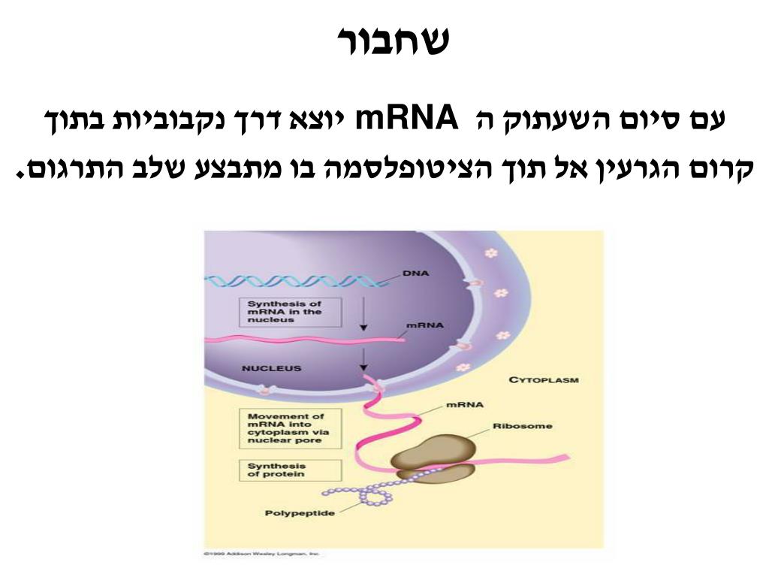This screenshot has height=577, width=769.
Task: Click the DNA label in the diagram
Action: (415, 273)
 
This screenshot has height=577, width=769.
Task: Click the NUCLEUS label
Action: (271, 369)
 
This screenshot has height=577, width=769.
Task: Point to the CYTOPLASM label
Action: (544, 380)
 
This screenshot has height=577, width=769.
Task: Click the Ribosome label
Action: (522, 426)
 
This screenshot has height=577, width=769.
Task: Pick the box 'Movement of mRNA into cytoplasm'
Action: (289, 427)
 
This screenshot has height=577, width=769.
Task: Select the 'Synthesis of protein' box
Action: (289, 470)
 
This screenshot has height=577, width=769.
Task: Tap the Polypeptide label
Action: (300, 514)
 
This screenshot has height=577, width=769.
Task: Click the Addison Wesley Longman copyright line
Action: (262, 554)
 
